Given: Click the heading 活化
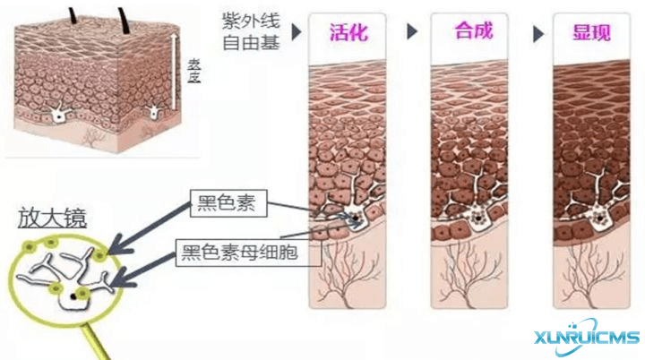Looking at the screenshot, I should (x=348, y=34).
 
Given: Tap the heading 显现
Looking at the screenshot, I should (x=591, y=34).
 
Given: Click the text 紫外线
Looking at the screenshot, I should (x=247, y=21).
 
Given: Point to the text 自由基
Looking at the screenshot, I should (x=247, y=41).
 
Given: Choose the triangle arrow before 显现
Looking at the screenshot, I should (x=537, y=33).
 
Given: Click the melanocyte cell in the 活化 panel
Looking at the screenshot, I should (x=356, y=218).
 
